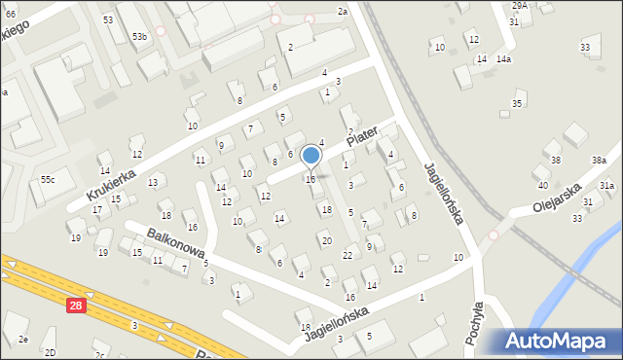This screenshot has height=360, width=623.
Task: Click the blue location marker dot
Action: pyautogui.click(x=311, y=156)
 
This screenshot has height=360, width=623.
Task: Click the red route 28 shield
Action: pyautogui.click(x=77, y=306)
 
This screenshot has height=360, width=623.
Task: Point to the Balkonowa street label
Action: pyautogui.click(x=175, y=245)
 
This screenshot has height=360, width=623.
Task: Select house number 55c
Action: pyautogui.click(x=48, y=180)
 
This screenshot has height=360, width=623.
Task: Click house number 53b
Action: pyautogui.click(x=140, y=37)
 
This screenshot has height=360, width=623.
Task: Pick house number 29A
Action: pyautogui.click(x=520, y=5)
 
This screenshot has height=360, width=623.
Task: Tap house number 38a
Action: pyautogui.click(x=598, y=160)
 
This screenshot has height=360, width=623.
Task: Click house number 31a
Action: pyautogui.click(x=606, y=185)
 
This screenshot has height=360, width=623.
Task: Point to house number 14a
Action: pyautogui.click(x=503, y=59)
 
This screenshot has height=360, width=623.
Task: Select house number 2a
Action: pyautogui.click(x=342, y=11)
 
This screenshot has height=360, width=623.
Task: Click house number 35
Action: pyautogui.click(x=518, y=104)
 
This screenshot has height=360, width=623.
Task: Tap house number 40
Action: pyautogui.click(x=542, y=185)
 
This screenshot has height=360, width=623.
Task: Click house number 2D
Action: pyautogui.click(x=51, y=352)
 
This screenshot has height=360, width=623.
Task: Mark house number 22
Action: pyautogui.click(x=348, y=255)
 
